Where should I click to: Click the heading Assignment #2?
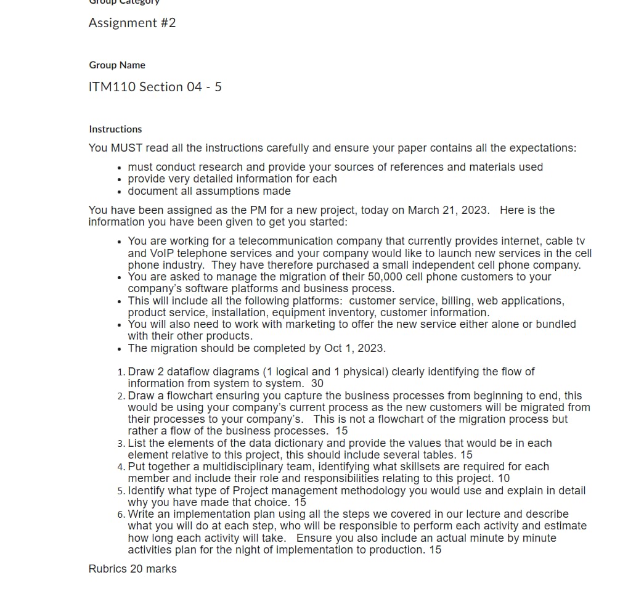click(x=132, y=23)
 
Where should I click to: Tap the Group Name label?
click(x=117, y=65)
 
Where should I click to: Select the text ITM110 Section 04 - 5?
click(x=155, y=87)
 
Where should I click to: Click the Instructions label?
click(x=115, y=129)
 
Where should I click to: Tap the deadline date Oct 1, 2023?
click(x=354, y=348)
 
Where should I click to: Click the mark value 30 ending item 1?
click(x=317, y=383)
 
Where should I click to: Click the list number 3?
click(x=120, y=444)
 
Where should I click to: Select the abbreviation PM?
click(x=240, y=210)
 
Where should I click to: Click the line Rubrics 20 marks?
click(x=132, y=569)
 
